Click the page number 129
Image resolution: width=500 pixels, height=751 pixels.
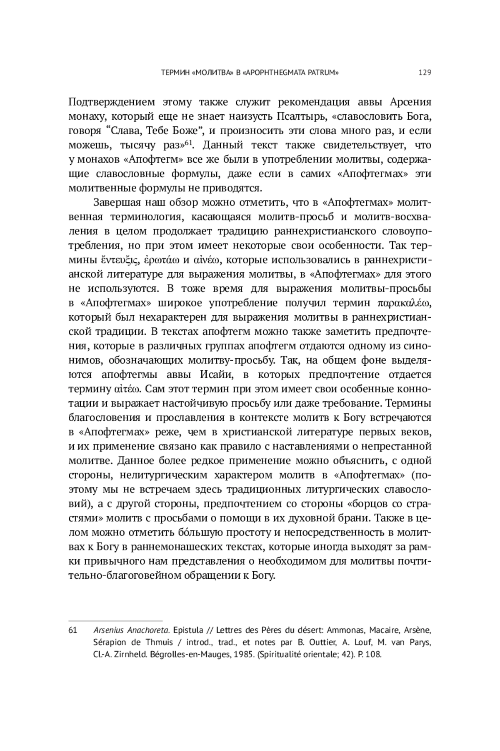coord(425,73)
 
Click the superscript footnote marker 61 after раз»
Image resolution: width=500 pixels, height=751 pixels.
coord(188,143)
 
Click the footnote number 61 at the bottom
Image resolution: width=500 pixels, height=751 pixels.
coord(72,630)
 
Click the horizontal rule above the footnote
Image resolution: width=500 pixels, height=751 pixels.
coord(115,620)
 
